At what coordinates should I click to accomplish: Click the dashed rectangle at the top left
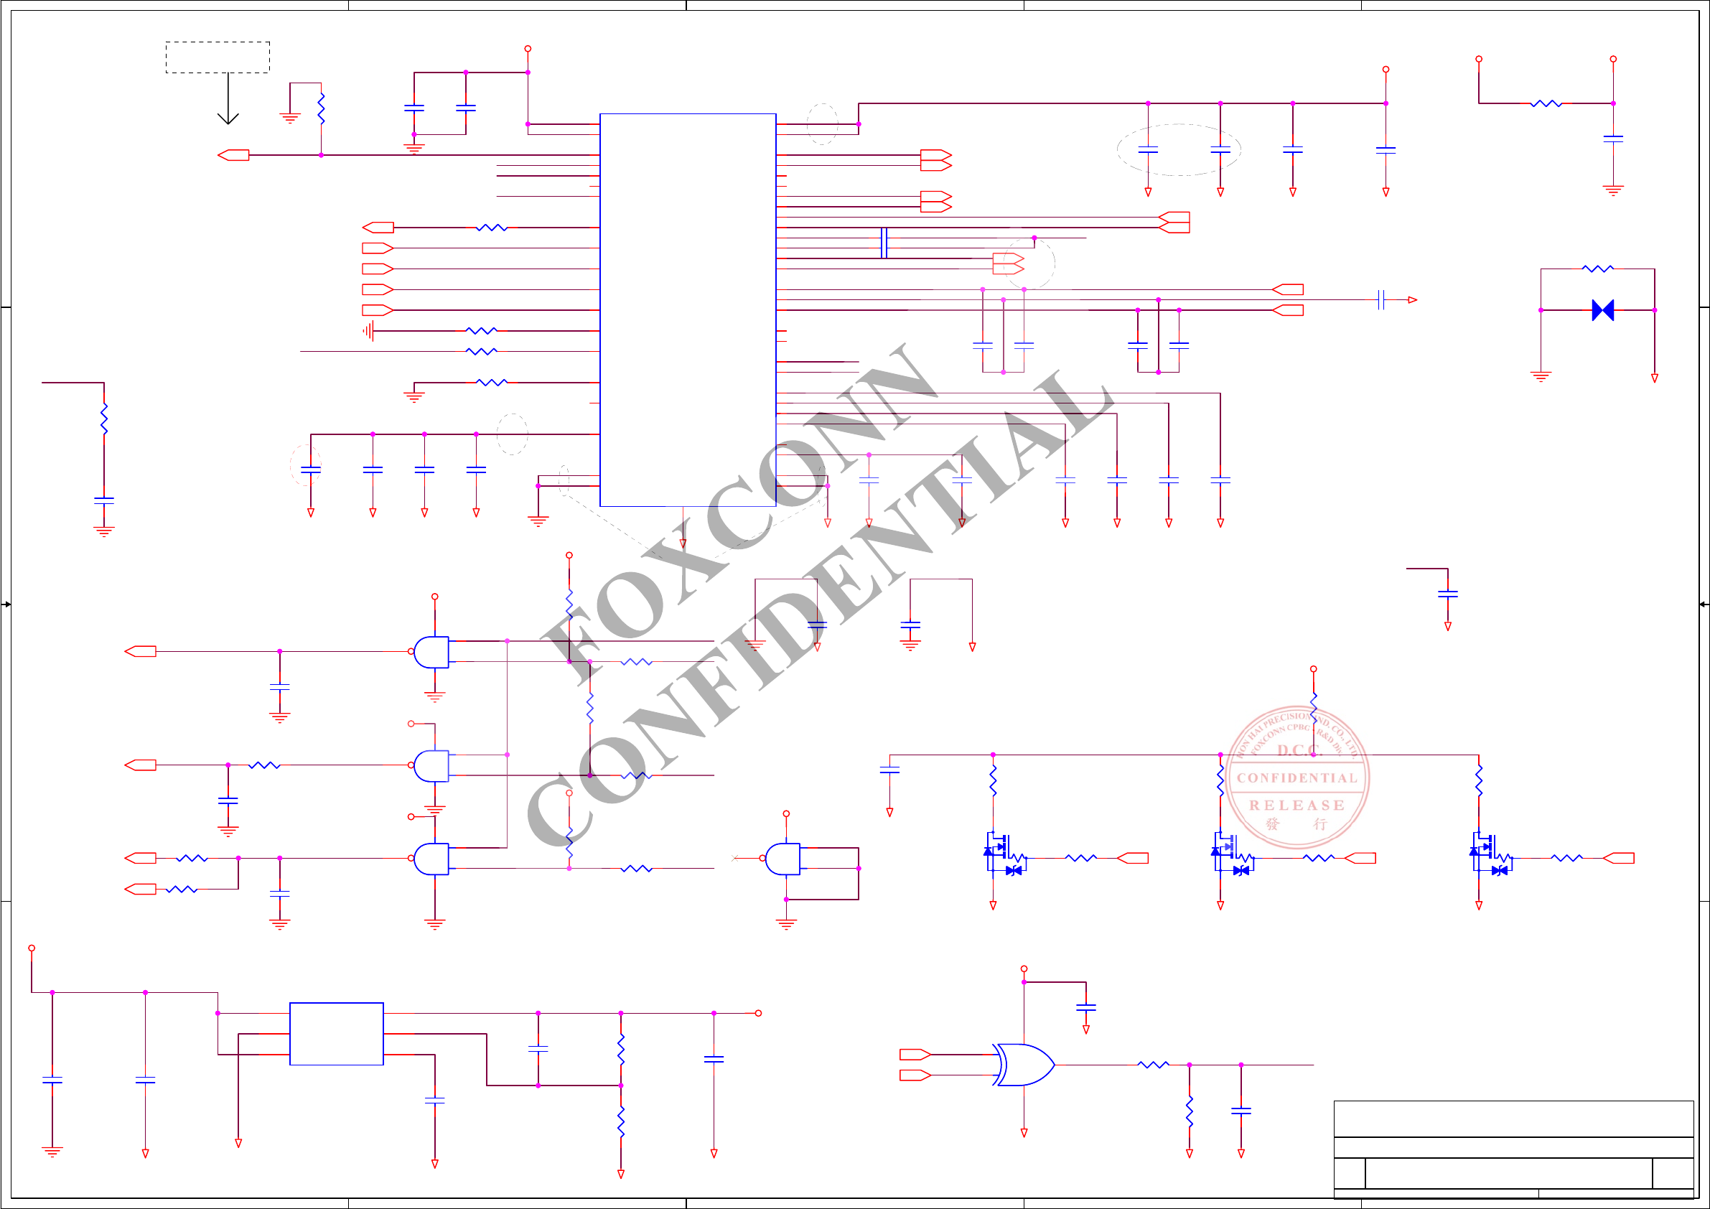[x=218, y=57]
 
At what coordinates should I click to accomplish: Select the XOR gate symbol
[x=1025, y=1065]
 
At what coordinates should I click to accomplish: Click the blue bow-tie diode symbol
[x=1603, y=310]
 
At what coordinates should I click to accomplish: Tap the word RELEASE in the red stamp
[x=1296, y=806]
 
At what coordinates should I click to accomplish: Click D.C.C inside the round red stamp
[x=1297, y=750]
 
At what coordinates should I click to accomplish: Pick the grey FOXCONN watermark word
[x=737, y=514]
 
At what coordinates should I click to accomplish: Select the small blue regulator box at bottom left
[x=337, y=1033]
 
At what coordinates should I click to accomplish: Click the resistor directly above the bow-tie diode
[x=1597, y=269]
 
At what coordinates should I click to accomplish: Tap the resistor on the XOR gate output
[x=1153, y=1065]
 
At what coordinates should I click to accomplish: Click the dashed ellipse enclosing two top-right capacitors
[x=1178, y=150]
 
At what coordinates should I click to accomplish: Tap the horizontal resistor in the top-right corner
[x=1546, y=103]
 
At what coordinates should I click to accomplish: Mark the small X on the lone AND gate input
[x=734, y=858]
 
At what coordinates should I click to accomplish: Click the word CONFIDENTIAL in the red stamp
[x=1296, y=778]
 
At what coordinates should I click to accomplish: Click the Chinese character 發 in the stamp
[x=1273, y=824]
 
